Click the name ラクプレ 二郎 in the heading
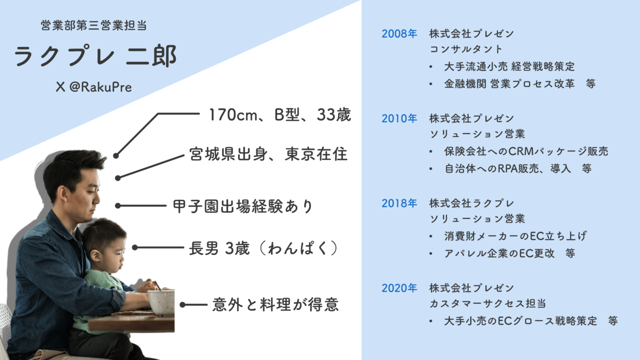[95, 56]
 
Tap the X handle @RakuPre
[94, 87]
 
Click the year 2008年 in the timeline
[399, 34]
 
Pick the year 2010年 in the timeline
[399, 119]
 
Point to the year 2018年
[399, 203]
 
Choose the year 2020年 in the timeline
[399, 288]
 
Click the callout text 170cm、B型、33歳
[279, 115]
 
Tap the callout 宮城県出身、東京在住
[268, 154]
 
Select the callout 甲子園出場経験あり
[242, 205]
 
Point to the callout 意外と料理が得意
[275, 304]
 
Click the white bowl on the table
[161, 301]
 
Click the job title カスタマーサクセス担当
[487, 303]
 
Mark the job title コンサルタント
[466, 49]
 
